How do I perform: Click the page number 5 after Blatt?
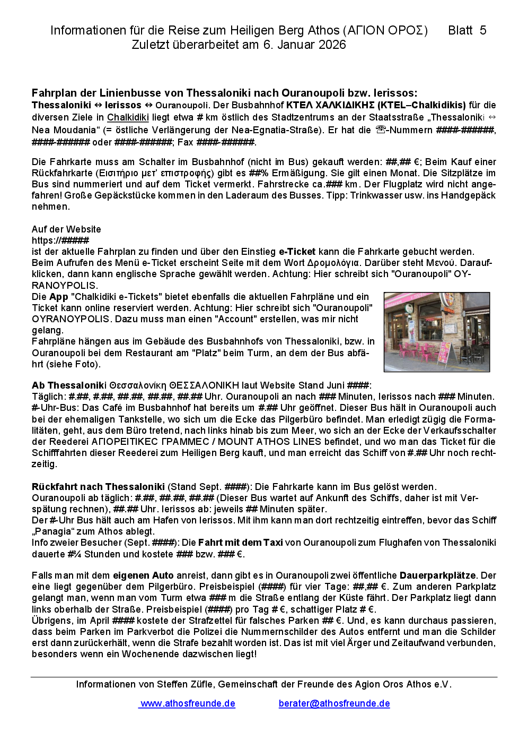(x=482, y=31)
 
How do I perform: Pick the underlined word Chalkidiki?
(x=128, y=118)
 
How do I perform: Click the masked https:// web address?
(x=60, y=240)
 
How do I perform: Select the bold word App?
(x=58, y=297)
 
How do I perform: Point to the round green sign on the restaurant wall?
(x=409, y=309)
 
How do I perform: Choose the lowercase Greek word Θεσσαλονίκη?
(x=138, y=385)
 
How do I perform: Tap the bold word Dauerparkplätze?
(x=437, y=575)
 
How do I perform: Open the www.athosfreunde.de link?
(x=188, y=703)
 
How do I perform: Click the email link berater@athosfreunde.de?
(x=334, y=703)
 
